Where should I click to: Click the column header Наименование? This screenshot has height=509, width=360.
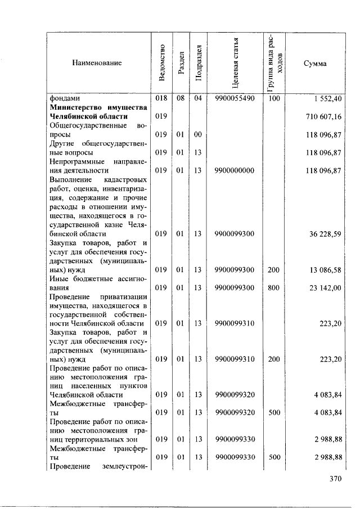click(x=97, y=63)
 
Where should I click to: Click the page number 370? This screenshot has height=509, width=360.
click(x=335, y=479)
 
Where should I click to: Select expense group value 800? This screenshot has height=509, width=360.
click(x=273, y=287)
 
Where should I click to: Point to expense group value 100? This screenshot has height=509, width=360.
click(x=273, y=98)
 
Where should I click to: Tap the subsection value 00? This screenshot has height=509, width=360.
click(x=197, y=134)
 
